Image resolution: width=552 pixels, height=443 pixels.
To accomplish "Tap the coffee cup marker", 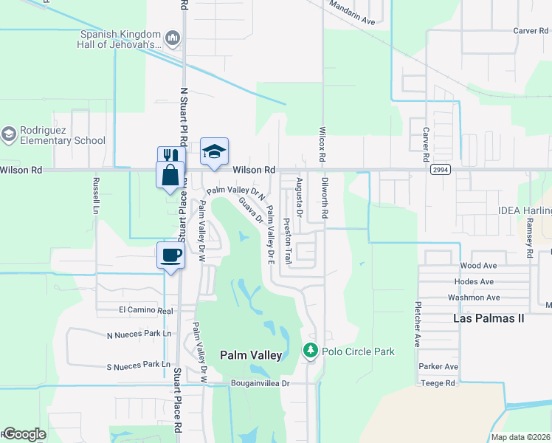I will [x=170, y=255].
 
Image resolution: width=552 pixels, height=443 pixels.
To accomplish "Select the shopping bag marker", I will [x=170, y=176].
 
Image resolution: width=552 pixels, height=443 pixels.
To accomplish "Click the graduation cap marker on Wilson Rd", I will [x=214, y=151].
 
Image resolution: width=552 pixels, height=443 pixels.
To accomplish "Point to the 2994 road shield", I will [x=441, y=170].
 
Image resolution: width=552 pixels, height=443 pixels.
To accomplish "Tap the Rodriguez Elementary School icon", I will [x=9, y=134].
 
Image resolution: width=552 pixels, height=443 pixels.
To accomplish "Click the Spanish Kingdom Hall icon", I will [x=173, y=37].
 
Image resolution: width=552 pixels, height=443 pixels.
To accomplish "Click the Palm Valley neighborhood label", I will [x=251, y=355].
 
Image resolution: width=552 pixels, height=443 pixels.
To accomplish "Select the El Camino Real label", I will [x=145, y=311].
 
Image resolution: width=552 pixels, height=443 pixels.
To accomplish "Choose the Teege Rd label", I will [x=438, y=383].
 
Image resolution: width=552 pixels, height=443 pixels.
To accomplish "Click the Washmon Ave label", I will [x=474, y=298].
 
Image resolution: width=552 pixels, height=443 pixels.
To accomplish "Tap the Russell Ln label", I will [x=95, y=193].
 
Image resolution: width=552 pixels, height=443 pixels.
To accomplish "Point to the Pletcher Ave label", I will [x=417, y=323].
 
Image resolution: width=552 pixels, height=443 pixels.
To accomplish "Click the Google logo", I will [x=24, y=434].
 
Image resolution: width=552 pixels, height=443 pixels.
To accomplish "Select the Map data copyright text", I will [x=521, y=437].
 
